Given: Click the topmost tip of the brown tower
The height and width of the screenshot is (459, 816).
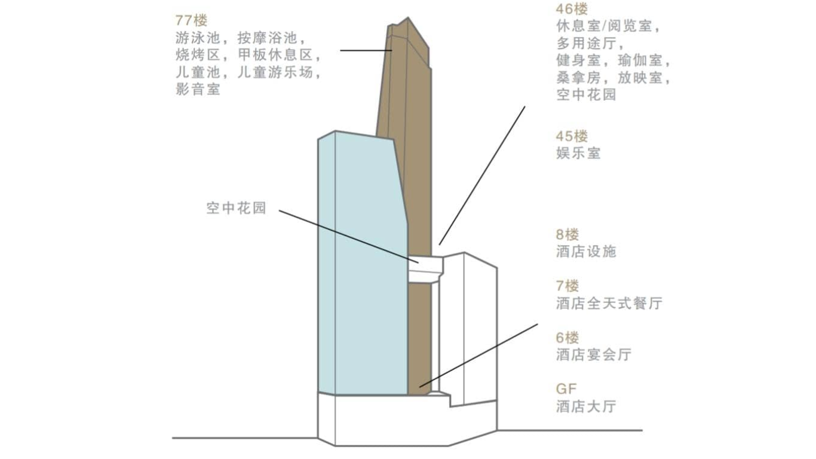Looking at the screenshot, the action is (408, 17).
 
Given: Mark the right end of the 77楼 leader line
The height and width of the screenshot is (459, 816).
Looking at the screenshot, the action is (392, 50).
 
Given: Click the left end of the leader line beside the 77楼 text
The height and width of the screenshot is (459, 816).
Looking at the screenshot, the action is (340, 50).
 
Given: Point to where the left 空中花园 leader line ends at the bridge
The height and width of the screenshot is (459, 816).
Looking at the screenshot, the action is (419, 262).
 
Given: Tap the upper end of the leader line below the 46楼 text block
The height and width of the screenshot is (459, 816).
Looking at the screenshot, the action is (524, 106).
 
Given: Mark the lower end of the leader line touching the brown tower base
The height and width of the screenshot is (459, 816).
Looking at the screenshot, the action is (419, 387).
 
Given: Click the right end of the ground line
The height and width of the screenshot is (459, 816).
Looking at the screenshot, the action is (642, 430).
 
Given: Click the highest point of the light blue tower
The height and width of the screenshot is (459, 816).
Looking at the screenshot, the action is (335, 131).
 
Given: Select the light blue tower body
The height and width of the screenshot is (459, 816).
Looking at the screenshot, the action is (363, 262).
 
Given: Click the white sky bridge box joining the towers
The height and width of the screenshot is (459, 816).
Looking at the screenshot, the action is (425, 269).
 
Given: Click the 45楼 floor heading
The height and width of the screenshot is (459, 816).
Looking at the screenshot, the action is (572, 137).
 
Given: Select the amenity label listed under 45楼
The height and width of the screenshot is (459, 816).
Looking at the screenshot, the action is (578, 154).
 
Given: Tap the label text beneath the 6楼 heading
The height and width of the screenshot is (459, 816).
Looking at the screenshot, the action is (594, 355).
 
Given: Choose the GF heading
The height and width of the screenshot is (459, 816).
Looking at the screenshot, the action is (566, 389).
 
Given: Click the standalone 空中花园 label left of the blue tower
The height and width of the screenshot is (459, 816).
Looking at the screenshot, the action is (237, 208).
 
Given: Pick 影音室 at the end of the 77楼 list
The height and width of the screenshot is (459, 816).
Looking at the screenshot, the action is (198, 89).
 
